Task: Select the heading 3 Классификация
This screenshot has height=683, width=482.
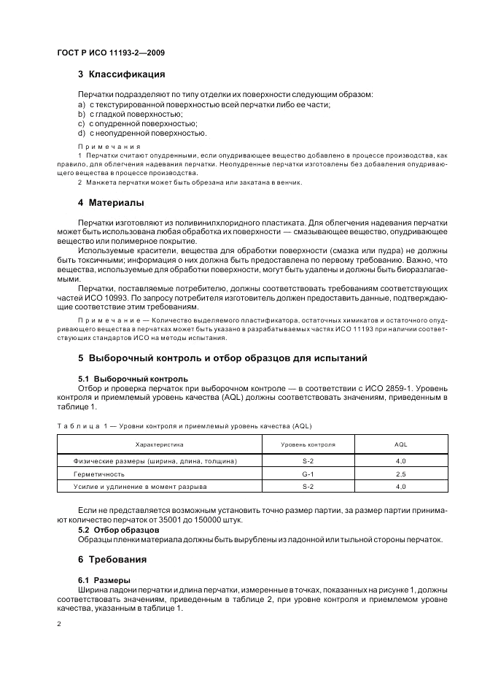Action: click(121, 74)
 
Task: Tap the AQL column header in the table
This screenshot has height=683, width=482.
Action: click(400, 444)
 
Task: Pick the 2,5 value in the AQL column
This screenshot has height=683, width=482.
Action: click(400, 474)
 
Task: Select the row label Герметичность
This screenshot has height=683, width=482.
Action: click(99, 474)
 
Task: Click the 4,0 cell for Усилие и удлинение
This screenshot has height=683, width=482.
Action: click(400, 486)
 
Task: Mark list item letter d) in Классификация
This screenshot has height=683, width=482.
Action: click(82, 133)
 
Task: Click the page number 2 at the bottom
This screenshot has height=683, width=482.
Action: click(58, 625)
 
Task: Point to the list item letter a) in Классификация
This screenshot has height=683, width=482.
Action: click(82, 104)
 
